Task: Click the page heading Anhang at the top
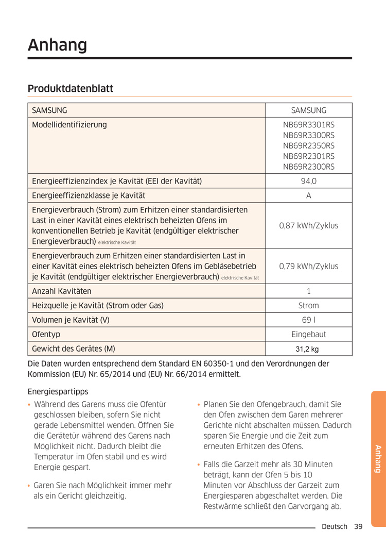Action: coord(58,45)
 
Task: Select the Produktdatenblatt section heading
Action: coord(71,89)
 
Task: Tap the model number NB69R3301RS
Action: coord(308,124)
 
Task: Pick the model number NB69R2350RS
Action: coord(308,145)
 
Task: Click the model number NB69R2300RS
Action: coord(308,167)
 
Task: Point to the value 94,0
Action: coord(308,181)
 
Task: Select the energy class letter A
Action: coord(308,195)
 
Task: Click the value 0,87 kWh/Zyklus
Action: coord(308,226)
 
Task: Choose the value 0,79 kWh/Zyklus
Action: coord(308,266)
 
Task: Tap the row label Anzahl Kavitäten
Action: coord(62,291)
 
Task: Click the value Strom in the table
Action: coord(308,305)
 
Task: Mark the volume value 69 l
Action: coord(308,320)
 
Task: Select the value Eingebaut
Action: coord(308,334)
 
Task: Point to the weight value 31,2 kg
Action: coord(307,349)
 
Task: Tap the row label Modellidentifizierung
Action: coord(69,124)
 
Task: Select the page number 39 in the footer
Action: coord(358,526)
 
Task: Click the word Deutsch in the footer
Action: coord(335,526)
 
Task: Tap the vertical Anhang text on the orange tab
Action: coord(377,458)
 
